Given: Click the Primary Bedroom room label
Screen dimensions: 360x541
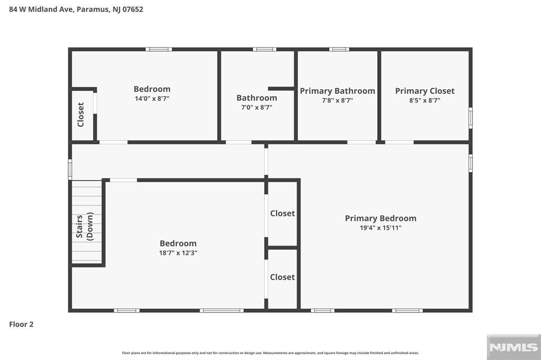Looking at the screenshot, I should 380,218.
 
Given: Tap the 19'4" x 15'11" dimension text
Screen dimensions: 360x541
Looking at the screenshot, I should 380,228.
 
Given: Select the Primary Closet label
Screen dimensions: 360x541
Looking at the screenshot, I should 425,91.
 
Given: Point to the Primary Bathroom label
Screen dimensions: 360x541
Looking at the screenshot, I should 337,91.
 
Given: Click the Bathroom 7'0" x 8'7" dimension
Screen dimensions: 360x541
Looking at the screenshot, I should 257,107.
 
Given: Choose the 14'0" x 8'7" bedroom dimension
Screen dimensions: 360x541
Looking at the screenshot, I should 152,98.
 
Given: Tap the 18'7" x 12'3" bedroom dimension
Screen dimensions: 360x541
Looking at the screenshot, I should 178,253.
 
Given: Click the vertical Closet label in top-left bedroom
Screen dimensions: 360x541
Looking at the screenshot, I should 81,115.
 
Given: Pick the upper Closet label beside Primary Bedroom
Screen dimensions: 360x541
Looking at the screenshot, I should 282,213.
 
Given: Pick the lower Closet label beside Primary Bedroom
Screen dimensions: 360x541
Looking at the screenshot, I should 282,277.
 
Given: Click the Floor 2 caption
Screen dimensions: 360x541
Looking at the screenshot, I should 21,325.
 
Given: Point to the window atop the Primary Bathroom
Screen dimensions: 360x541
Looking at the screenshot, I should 339,49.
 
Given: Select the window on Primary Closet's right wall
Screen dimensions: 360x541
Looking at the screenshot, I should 470,118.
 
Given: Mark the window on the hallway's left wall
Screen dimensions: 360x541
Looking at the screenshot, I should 70,169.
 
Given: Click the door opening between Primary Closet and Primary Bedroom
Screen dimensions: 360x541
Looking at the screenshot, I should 399,142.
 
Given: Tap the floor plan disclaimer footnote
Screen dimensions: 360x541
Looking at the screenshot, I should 270,353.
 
